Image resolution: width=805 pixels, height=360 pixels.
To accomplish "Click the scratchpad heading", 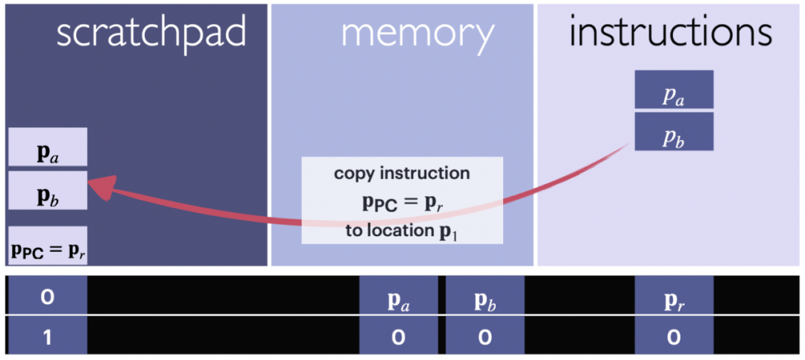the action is pos(151,34).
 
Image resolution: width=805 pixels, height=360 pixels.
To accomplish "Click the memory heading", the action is pos(418,34).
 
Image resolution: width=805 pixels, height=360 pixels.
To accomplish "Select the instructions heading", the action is pos(671,34).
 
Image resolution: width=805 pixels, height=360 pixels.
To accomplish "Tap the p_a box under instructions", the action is pos(674,89).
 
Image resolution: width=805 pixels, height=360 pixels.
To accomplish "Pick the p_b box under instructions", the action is pos(674,131).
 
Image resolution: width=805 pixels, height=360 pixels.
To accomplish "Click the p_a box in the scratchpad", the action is pos(48,147).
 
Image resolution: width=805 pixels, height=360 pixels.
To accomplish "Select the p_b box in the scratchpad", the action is pos(48,190).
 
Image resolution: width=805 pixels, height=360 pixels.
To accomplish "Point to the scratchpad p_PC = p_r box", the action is pos(48,245).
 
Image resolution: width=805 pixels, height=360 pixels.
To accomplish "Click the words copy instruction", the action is pos(402,174).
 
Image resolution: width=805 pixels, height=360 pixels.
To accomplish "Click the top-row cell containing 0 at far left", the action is pos(48,294).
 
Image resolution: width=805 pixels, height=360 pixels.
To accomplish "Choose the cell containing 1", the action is pos(48,335).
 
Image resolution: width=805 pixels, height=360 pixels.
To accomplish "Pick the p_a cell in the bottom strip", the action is pos(398,294).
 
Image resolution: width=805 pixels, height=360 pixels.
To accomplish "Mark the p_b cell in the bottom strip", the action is pos(484,294).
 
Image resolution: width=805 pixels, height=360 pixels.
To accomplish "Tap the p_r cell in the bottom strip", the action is pos(674,294).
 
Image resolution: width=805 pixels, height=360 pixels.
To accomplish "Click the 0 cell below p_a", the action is pos(398,335).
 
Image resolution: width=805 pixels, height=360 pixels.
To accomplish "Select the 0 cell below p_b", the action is pos(484,335).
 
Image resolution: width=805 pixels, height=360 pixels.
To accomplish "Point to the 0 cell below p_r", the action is pos(674,335).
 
